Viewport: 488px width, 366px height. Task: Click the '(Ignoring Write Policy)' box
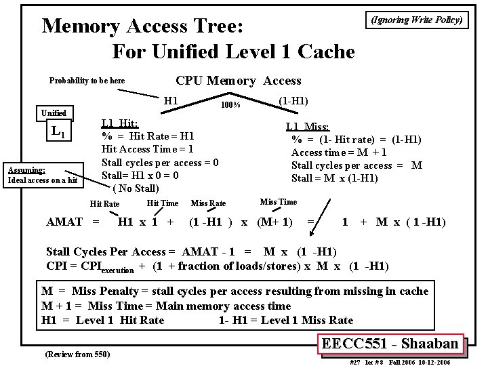point(416,20)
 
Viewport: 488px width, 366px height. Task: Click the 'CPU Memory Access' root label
point(239,81)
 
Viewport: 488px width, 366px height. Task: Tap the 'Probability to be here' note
point(87,81)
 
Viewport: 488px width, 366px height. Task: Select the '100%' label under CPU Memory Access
point(230,105)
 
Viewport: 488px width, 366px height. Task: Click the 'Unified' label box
point(54,113)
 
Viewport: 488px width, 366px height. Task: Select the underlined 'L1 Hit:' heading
point(120,123)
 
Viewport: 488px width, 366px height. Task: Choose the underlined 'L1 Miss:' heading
point(308,127)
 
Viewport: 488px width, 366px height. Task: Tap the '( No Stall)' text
point(136,188)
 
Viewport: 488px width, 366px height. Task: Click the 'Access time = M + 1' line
point(339,152)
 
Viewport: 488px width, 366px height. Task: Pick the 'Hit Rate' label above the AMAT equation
point(104,204)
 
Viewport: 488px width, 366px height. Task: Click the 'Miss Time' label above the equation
point(278,201)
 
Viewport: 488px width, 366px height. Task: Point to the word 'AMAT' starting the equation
point(65,222)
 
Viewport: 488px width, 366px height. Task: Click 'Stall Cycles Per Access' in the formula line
point(108,252)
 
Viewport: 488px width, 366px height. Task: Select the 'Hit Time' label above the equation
point(163,203)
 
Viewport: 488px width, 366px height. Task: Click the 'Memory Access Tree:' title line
point(146,26)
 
